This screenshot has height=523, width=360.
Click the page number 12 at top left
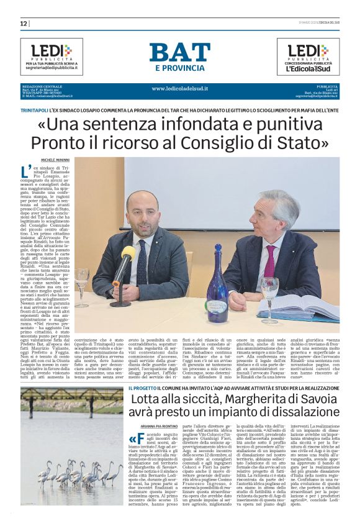click(x=24, y=24)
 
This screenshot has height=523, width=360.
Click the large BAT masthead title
click(x=179, y=52)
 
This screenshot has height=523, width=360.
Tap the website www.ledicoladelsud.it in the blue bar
click(x=179, y=88)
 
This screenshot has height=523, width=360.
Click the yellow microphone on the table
click(x=127, y=254)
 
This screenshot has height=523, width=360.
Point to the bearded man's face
click(x=143, y=212)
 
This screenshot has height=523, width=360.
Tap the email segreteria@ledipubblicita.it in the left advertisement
click(x=51, y=68)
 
